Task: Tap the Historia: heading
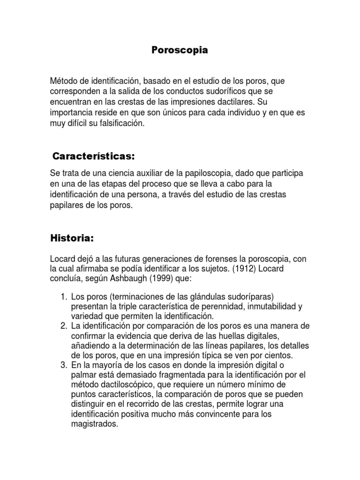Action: tap(72, 238)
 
